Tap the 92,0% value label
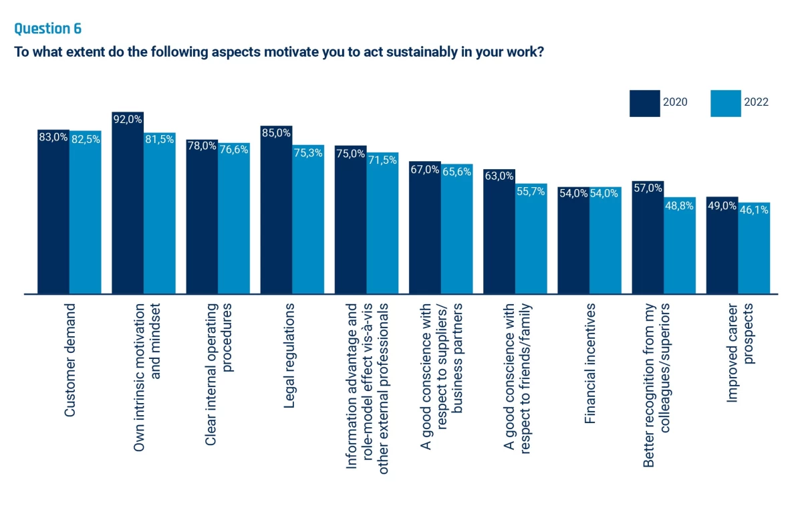pyautogui.click(x=128, y=120)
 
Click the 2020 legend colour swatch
pyautogui.click(x=644, y=103)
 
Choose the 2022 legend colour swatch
pyautogui.click(x=725, y=103)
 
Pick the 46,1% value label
pyautogui.click(x=755, y=210)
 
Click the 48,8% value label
pyautogui.click(x=680, y=205)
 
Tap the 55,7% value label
pyautogui.click(x=531, y=191)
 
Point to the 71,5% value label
pyautogui.click(x=382, y=160)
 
